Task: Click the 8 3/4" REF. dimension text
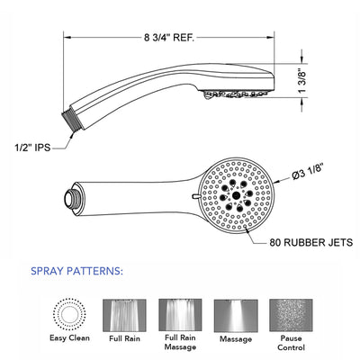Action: pyautogui.click(x=169, y=38)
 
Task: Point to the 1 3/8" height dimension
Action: pyautogui.click(x=302, y=82)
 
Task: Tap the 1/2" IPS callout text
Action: pyautogui.click(x=33, y=148)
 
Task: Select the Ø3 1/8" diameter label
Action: pyautogui.click(x=309, y=173)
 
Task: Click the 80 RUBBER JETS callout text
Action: pyautogui.click(x=311, y=242)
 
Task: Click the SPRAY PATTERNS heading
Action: pyautogui.click(x=77, y=271)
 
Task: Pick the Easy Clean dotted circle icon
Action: pyautogui.click(x=69, y=314)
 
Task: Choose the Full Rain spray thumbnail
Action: pyautogui.click(x=124, y=315)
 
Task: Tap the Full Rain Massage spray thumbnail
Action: pyautogui.click(x=180, y=315)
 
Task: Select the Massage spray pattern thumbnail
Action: pyautogui.click(x=236, y=315)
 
